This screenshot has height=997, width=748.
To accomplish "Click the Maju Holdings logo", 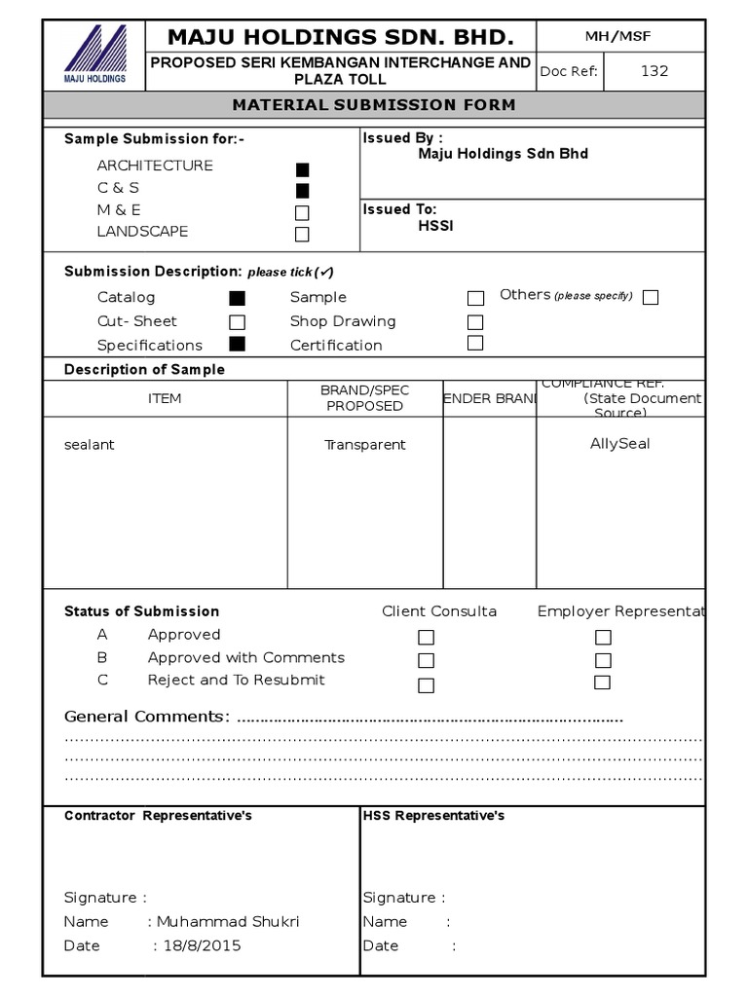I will click(x=94, y=55).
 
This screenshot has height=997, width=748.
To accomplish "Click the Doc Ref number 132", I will click(x=654, y=71).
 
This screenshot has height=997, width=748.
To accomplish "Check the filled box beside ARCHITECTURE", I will click(x=302, y=169).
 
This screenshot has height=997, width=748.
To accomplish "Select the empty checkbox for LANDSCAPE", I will click(x=302, y=235).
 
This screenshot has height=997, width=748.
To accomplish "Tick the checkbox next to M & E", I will click(x=302, y=212).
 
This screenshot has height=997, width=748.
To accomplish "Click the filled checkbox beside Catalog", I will click(x=237, y=299).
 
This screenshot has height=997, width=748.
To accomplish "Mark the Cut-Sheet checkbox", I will click(x=237, y=322).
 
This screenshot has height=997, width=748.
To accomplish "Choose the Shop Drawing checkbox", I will click(x=475, y=322).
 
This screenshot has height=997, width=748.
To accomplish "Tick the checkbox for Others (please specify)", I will click(x=651, y=298).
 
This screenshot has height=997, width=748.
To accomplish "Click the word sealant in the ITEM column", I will click(x=90, y=445).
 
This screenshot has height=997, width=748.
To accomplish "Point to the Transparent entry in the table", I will click(x=365, y=445).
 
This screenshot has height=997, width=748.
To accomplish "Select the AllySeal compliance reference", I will click(x=619, y=444).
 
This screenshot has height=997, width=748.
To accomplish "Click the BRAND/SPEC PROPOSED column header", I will click(x=365, y=398).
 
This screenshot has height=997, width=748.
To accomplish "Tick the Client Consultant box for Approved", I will click(x=426, y=638).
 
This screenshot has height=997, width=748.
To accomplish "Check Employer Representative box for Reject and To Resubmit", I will click(x=603, y=683).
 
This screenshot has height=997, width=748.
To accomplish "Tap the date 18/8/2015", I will click(x=202, y=945).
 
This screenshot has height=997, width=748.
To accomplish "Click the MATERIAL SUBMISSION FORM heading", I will click(x=374, y=105).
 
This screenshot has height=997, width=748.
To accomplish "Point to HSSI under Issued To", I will click(x=435, y=227).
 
